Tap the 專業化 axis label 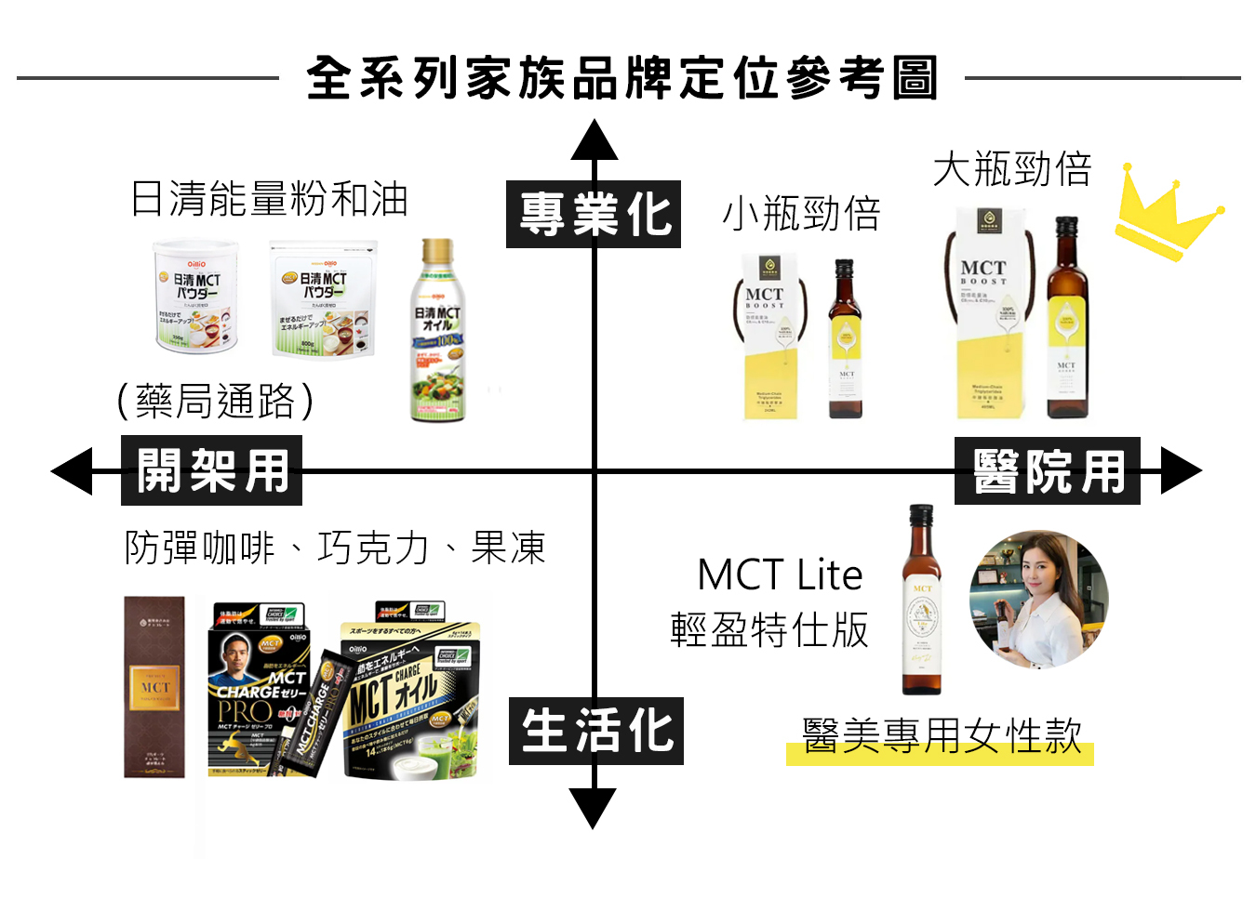(594, 215)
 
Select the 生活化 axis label (596, 731)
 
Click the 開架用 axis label (212, 470)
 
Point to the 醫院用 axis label (1048, 471)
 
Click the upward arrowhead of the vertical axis (595, 141)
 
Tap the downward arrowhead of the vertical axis (594, 806)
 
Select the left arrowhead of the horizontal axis (73, 470)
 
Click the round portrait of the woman (1038, 600)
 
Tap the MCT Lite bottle (921, 600)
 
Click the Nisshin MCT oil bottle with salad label (437, 330)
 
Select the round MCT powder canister (195, 296)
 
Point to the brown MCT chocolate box (154, 687)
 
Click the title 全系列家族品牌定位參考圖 (621, 78)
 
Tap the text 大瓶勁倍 (1012, 169)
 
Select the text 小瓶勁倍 (801, 214)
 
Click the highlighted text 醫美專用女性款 (942, 736)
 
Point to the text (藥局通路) (216, 402)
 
